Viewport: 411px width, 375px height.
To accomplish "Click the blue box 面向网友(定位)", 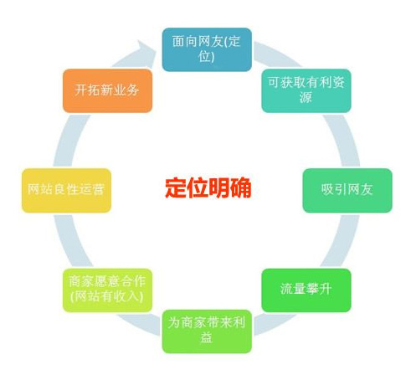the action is pos(207,49).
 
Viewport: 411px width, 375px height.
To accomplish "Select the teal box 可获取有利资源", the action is pos(306,90).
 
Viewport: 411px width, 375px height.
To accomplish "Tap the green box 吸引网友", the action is pos(347,190).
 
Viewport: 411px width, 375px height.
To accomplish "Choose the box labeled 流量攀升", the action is pos(306,290).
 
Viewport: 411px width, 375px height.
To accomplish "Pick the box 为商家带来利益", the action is pos(207,331).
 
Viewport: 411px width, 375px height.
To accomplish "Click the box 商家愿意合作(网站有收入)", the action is pos(107,290).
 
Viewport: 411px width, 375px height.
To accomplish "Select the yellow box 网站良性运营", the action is pos(66,190).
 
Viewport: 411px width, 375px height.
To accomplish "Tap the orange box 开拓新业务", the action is pos(107,90).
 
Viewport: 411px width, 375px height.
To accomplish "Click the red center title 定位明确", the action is pos(208,187).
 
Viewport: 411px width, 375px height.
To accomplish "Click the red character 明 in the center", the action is pos(219,187).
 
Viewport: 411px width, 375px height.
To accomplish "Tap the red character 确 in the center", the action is pos(241,187).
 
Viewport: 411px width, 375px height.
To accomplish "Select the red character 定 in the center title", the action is pos(176,187).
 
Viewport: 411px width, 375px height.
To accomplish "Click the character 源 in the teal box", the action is pos(306,98).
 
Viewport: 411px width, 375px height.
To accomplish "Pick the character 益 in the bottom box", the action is pos(206,338).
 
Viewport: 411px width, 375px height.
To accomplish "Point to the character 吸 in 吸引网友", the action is pos(327,189).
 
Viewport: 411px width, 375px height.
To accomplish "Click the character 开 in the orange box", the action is pos(81,90).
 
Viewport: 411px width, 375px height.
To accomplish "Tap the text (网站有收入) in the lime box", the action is pos(107,296).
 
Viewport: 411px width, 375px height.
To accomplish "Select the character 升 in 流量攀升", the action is pos(326,289).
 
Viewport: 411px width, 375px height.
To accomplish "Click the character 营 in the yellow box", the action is pos(98,189).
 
